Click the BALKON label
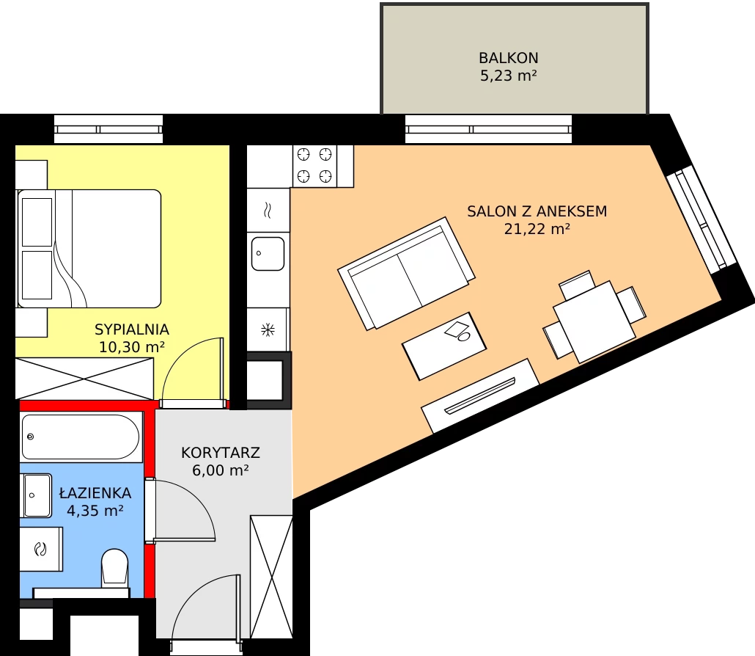pyautogui.click(x=509, y=58)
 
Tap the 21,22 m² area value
pyautogui.click(x=537, y=229)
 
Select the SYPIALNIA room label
pyautogui.click(x=132, y=329)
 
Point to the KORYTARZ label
pyautogui.click(x=221, y=453)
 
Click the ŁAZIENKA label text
pyautogui.click(x=95, y=492)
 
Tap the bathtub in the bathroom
pyautogui.click(x=81, y=437)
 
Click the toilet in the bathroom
pyautogui.click(x=115, y=568)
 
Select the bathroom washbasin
pyautogui.click(x=36, y=495)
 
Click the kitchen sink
pyautogui.click(x=268, y=254)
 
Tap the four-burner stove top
pyautogui.click(x=314, y=166)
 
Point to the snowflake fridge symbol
pyautogui.click(x=268, y=330)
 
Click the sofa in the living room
pyautogui.click(x=406, y=273)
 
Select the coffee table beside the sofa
pyautogui.click(x=444, y=346)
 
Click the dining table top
pyautogui.click(x=594, y=321)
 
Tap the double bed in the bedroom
pyautogui.click(x=89, y=249)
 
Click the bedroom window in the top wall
pyautogui.click(x=108, y=129)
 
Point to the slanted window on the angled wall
pyautogui.click(x=701, y=220)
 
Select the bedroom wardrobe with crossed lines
pyautogui.click(x=85, y=379)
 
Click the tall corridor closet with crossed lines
pyautogui.click(x=271, y=577)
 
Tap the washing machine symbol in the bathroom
pyautogui.click(x=41, y=549)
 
